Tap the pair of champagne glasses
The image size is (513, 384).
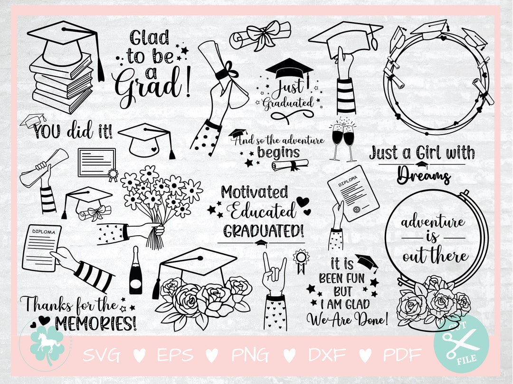[343, 140]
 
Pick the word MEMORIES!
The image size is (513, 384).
[95, 323]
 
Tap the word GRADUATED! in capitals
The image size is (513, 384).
[263, 231]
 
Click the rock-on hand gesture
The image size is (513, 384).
[274, 274]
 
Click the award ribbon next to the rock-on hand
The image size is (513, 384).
[300, 261]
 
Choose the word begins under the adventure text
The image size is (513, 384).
[278, 152]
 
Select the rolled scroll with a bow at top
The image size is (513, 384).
[260, 36]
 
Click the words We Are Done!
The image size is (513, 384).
[347, 319]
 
